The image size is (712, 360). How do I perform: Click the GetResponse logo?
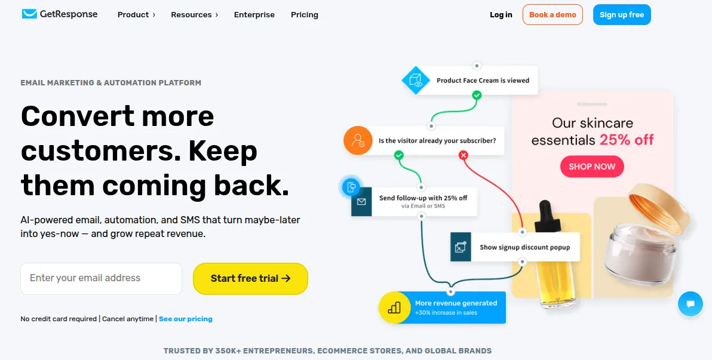pos(60,14)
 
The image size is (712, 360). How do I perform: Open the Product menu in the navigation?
pos(136,14)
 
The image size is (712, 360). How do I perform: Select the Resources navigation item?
pos(194,14)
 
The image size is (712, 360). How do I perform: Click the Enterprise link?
pos(254,14)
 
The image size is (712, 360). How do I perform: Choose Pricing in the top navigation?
pos(304,14)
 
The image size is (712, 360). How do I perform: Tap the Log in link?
pos(501,14)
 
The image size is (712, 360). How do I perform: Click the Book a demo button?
pos(553,14)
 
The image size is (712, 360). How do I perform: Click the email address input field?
pos(102,278)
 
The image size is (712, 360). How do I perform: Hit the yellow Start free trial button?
pos(251,278)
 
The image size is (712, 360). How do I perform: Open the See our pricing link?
pos(186,319)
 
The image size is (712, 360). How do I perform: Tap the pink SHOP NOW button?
pos(592,167)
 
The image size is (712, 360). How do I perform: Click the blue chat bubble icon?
pos(690,304)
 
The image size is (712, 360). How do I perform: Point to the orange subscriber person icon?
pos(358,140)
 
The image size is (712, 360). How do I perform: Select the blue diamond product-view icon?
pos(416,81)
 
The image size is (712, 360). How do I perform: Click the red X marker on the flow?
pos(463,156)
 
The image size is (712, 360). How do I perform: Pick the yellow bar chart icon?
pos(394,307)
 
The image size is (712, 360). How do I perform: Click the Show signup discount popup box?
pos(515,247)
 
